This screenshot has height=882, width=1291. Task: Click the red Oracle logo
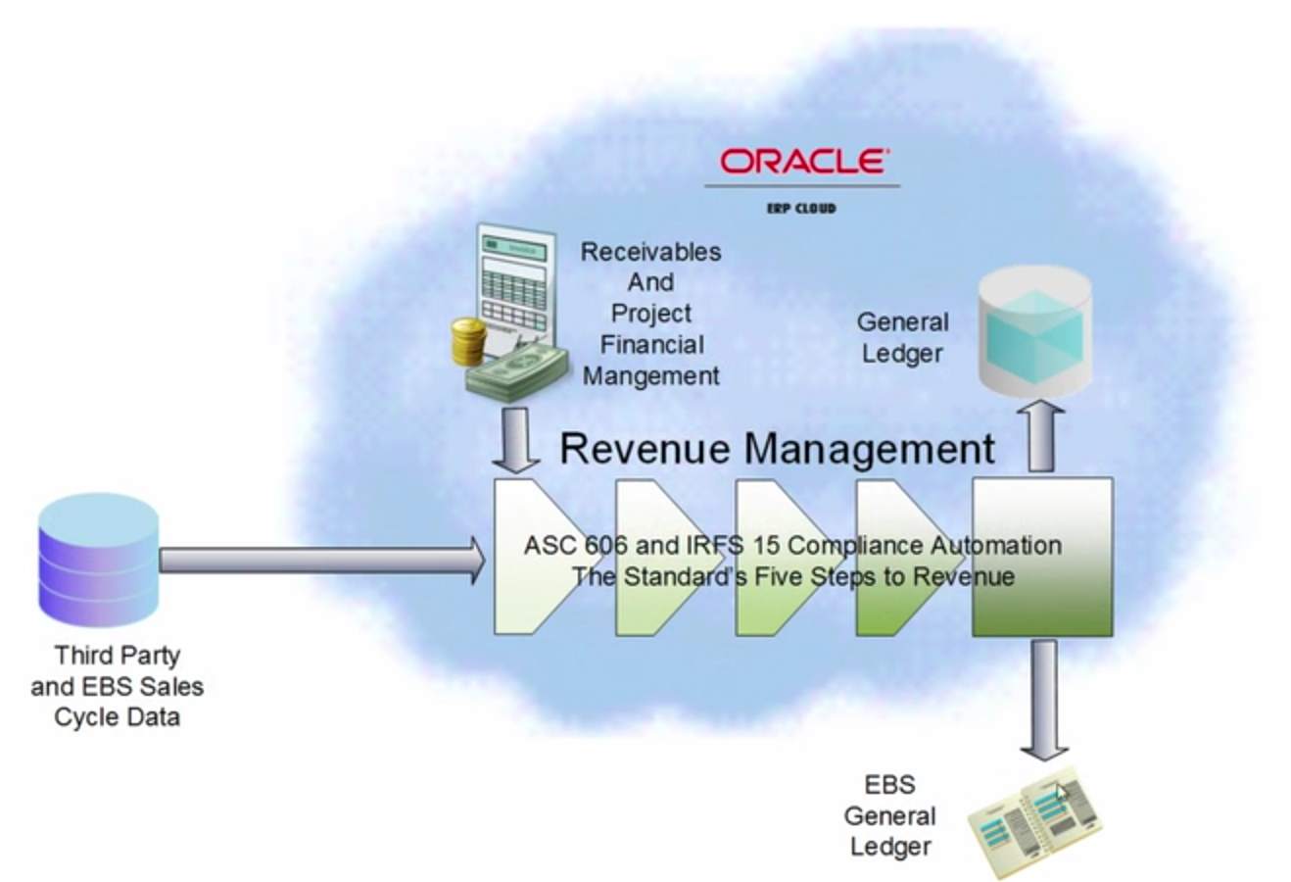(803, 161)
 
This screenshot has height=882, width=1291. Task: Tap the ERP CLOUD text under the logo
(801, 208)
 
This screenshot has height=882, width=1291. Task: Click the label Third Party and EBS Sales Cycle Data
(117, 686)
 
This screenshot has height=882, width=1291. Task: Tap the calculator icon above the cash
(513, 279)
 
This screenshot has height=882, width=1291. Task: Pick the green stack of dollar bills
(517, 368)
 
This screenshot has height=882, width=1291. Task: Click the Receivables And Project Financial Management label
(650, 314)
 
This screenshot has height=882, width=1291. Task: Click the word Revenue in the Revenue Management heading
(645, 449)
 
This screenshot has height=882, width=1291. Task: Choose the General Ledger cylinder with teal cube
(1036, 330)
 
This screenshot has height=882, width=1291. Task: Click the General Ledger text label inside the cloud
(902, 337)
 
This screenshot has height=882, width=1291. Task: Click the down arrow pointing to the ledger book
(1044, 699)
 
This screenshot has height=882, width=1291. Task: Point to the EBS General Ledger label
(890, 815)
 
